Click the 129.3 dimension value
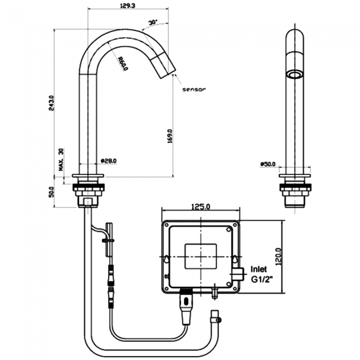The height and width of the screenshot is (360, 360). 127,6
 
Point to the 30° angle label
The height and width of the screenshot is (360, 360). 152,23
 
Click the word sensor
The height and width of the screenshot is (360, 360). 193,89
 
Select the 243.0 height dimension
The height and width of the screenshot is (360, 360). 52,102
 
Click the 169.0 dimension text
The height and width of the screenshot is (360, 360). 170,136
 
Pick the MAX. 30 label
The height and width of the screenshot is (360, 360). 61,158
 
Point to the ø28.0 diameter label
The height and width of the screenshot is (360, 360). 109,161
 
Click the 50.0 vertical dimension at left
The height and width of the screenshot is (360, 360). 52,192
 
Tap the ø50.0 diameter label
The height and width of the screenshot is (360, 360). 268,164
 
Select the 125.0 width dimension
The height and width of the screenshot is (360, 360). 200,207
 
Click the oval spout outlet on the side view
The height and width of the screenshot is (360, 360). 294,74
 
